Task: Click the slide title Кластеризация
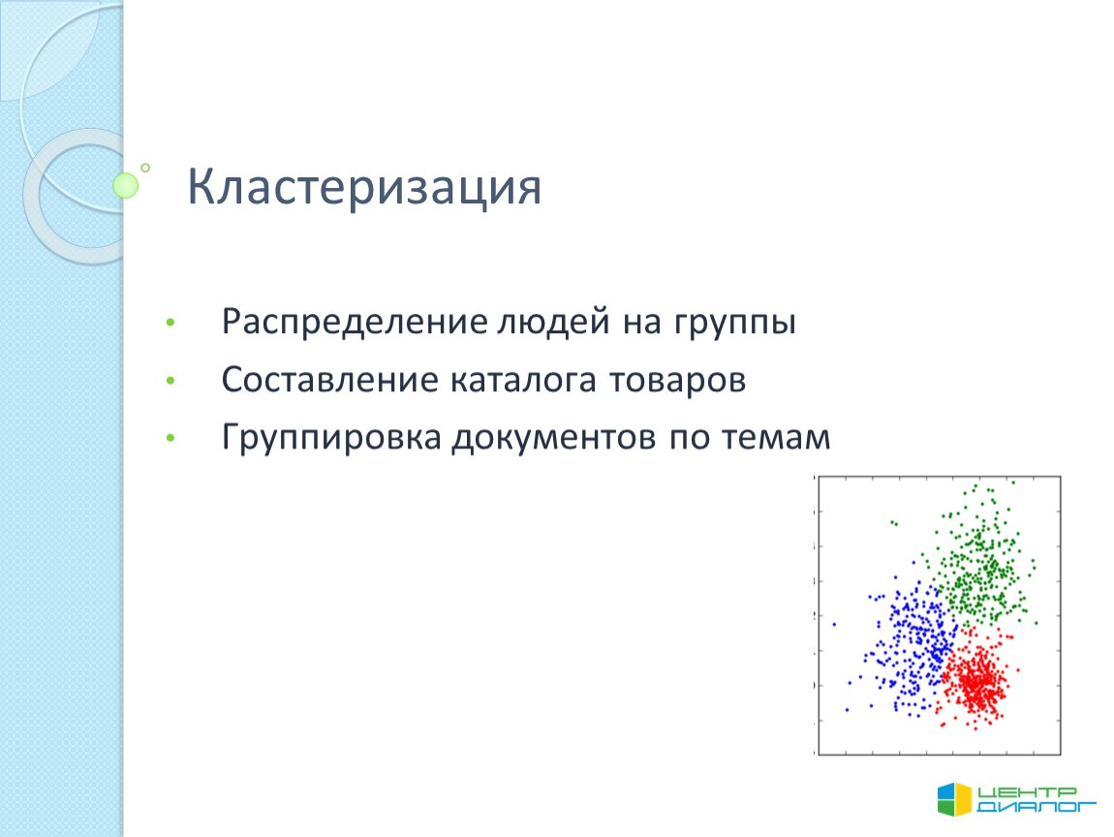[x=364, y=188]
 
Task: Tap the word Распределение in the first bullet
[x=355, y=323]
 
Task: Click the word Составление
[x=329, y=380]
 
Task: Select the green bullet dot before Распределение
[x=170, y=324]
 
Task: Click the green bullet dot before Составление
[x=170, y=381]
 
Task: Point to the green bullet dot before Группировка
[x=170, y=438]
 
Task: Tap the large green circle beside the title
[x=126, y=185]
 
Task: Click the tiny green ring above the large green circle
[x=145, y=168]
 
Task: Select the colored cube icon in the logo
[x=954, y=799]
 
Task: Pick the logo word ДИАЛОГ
[x=1036, y=806]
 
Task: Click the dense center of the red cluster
[x=978, y=682]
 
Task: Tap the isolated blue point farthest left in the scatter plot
[x=834, y=625]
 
